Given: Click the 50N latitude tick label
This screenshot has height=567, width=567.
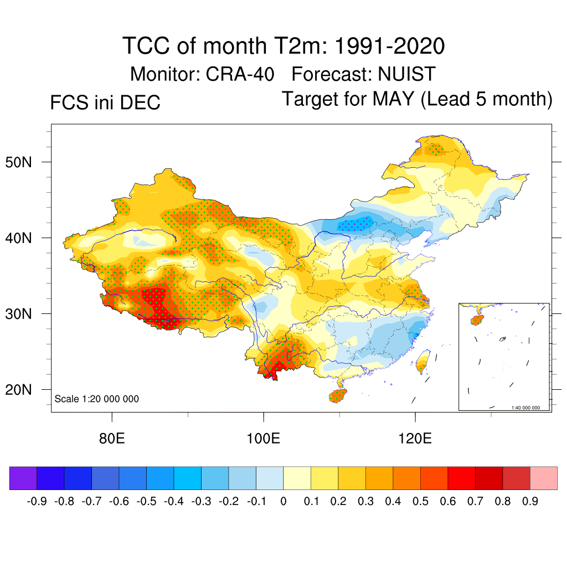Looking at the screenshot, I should coord(24,162).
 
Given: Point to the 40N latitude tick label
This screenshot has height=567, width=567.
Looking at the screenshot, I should coord(24,238).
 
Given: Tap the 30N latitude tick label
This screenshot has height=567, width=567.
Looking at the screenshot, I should coord(24,314).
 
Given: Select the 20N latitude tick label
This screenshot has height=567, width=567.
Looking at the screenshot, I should coord(24,390).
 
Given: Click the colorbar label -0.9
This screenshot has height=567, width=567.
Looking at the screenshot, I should coord(37,502).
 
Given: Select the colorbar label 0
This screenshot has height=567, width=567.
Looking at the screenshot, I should coord(283,502).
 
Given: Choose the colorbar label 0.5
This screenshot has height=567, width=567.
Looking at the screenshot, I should coord(420,502).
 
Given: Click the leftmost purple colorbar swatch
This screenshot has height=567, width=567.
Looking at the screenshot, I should coord(23,478).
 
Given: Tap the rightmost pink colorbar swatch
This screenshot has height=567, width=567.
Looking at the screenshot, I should coord(544,478).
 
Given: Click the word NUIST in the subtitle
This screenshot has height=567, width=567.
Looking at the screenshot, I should coord(407,74).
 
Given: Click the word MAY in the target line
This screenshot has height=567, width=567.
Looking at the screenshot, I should coord(393,99).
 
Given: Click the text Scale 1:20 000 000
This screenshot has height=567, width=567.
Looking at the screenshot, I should coord(97,399).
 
